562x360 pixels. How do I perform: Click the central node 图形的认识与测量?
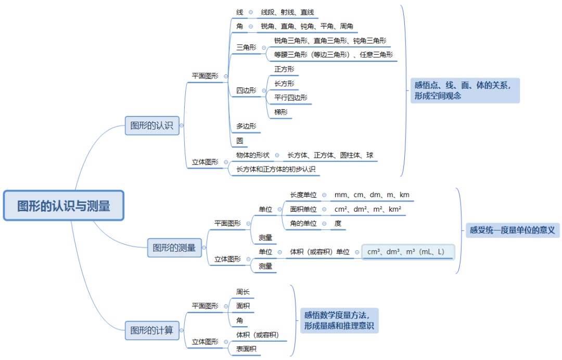pos(63,206)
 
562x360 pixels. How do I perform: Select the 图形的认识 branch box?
pos(151,125)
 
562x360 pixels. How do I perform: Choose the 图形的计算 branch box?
pos(151,330)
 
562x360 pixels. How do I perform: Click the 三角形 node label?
pos(246,47)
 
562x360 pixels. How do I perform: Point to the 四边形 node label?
pos(246,91)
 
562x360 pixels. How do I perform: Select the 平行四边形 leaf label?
pos(290,98)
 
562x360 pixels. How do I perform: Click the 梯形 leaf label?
pos(280,112)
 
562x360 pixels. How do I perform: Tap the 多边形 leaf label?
pos(246,126)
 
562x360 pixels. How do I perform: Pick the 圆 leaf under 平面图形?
pos(239,140)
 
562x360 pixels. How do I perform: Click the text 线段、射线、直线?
pos(287,12)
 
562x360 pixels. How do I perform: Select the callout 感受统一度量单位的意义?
pos(512,229)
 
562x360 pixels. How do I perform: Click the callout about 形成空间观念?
pos(465,90)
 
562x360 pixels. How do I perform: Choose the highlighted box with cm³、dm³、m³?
pos(408,252)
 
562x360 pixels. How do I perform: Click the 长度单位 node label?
pos(303,195)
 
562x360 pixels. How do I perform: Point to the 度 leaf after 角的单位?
pos(338,224)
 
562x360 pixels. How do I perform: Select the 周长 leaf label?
pos(243,292)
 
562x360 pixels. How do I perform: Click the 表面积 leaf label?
pos(246,349)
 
